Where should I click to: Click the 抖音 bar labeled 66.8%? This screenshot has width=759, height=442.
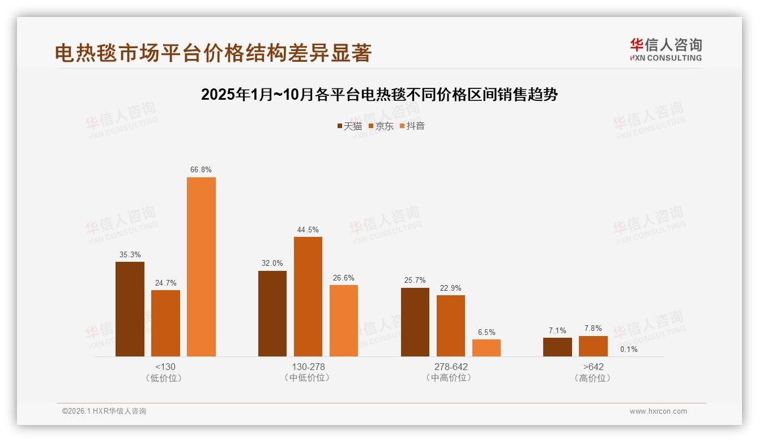click(201, 266)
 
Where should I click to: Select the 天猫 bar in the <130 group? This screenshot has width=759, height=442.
click(130, 309)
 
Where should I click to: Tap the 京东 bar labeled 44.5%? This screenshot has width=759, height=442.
click(308, 296)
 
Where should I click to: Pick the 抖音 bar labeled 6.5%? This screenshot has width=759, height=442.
click(486, 347)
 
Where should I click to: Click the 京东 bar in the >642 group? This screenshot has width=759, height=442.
click(593, 346)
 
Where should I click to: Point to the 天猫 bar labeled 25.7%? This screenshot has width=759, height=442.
click(415, 322)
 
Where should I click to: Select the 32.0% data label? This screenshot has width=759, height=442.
click(272, 263)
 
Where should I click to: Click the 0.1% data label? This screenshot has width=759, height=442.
click(629, 350)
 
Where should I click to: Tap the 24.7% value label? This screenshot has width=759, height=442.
click(165, 283)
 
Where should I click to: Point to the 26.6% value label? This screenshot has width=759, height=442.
click(344, 278)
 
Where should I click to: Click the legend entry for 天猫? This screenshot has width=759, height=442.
click(349, 126)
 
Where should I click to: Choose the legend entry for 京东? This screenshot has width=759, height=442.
click(381, 126)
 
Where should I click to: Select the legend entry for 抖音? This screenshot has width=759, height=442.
click(412, 126)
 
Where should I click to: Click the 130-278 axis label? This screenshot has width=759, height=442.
click(308, 367)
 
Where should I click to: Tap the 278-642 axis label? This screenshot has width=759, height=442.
click(451, 367)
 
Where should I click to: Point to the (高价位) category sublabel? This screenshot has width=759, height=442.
click(593, 378)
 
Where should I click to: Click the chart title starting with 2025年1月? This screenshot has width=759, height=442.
click(380, 95)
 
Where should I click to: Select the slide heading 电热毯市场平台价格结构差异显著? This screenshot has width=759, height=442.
click(213, 53)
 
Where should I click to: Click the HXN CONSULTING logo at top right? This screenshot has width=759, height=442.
click(666, 49)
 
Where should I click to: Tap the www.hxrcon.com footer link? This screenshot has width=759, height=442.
click(658, 411)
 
